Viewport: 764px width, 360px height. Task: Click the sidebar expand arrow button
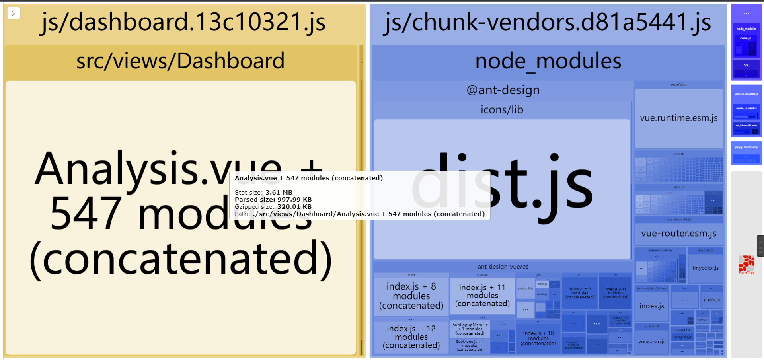(14, 13)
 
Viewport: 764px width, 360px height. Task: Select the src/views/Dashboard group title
(180, 61)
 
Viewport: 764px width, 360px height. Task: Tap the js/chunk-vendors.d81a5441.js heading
(548, 22)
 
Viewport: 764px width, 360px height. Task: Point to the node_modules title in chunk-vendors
(548, 62)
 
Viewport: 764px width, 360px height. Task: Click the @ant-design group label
(503, 90)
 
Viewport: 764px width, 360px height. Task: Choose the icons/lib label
(502, 110)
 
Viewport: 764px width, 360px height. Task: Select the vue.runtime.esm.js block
(678, 118)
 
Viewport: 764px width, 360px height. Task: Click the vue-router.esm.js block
(678, 234)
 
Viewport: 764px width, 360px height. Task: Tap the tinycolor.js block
(705, 268)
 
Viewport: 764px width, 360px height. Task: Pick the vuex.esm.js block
(652, 342)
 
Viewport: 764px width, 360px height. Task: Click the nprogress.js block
(682, 337)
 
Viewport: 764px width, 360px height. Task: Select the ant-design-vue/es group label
(503, 267)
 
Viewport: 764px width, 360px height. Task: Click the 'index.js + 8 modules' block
(411, 296)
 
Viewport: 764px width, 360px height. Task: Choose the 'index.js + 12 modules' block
(411, 337)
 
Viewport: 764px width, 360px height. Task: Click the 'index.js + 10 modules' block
(538, 338)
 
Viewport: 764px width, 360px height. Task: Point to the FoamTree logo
(746, 264)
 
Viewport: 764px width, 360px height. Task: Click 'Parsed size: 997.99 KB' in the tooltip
(273, 200)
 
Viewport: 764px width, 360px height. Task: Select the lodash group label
(678, 154)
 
